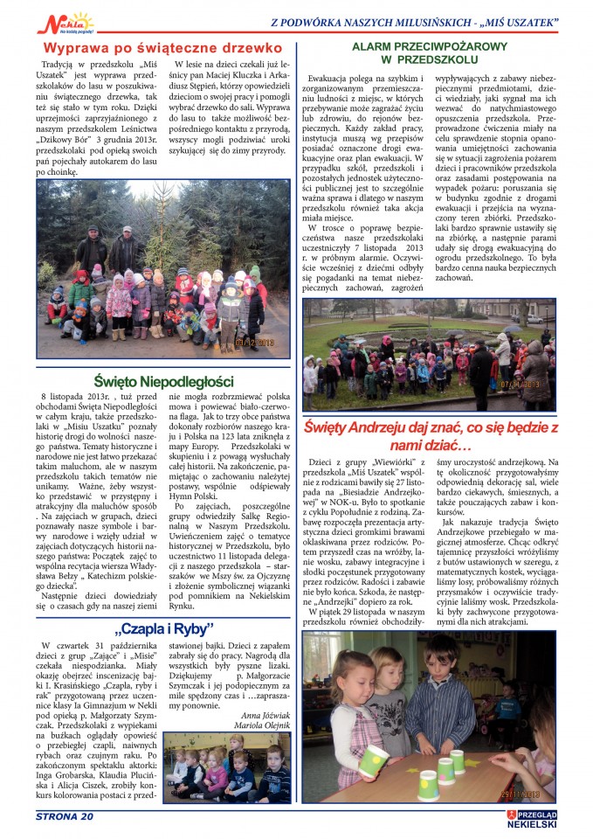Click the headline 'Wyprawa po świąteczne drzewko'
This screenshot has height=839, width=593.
click(162, 48)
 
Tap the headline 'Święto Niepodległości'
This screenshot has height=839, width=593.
click(175, 381)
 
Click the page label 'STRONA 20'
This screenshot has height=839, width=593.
click(64, 816)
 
